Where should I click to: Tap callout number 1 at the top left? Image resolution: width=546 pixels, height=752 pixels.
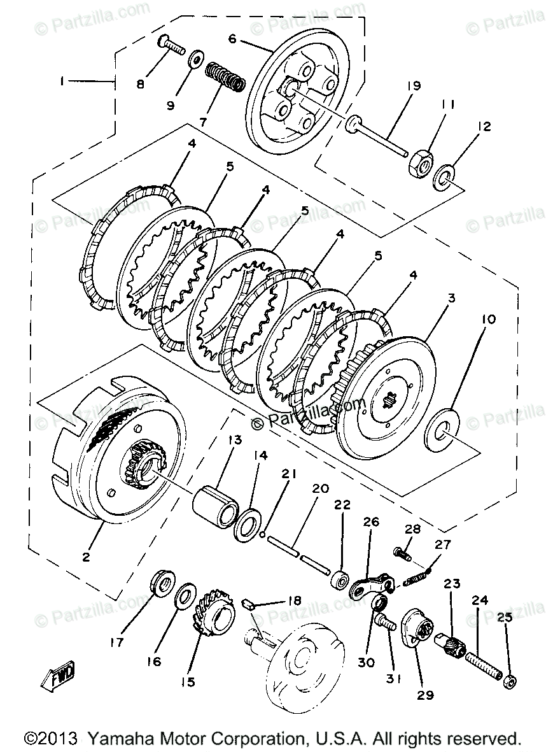coord(62,82)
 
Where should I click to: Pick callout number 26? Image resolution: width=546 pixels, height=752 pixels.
coord(371,522)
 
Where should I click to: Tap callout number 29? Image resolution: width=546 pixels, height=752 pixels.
coord(426,695)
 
